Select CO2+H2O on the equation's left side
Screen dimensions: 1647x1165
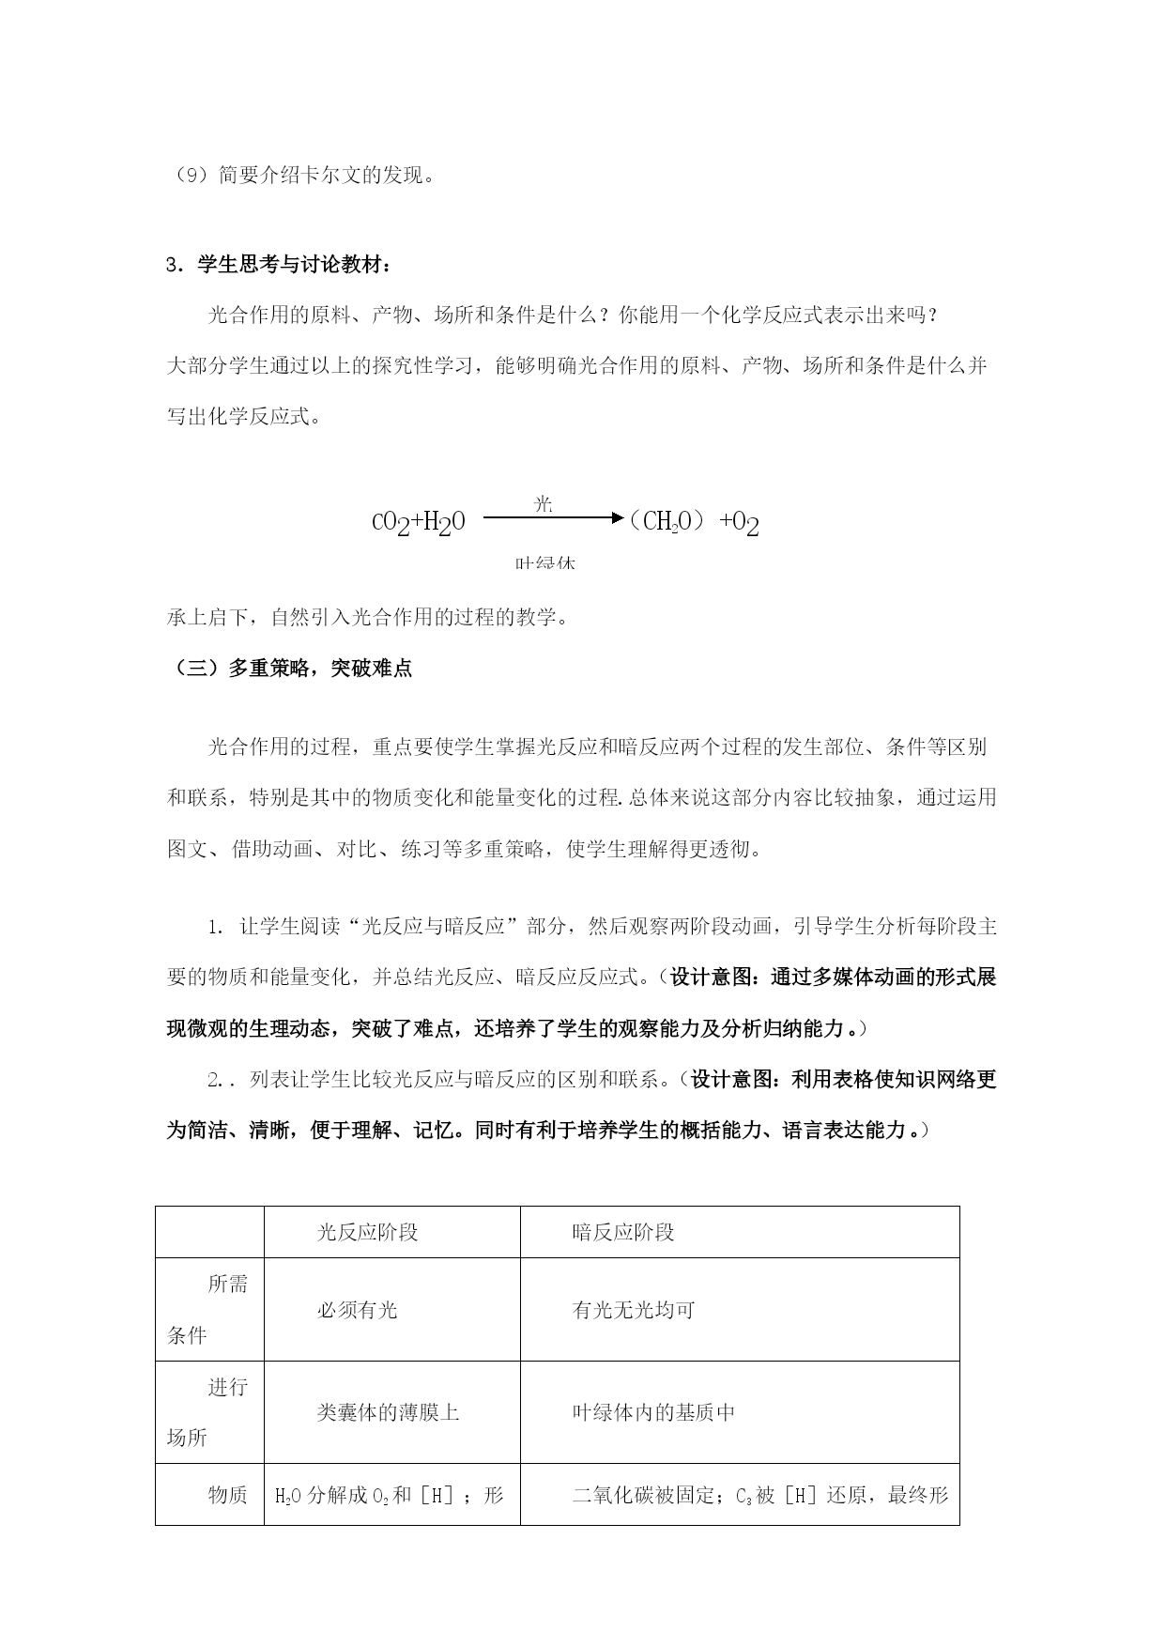(419, 522)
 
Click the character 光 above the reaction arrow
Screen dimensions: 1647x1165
(544, 503)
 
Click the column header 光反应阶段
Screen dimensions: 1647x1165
(367, 1232)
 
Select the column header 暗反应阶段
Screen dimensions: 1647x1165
(623, 1232)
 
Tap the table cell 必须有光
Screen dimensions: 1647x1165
(357, 1309)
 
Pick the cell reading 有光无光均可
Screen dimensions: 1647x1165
(634, 1309)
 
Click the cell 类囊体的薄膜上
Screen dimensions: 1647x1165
(388, 1412)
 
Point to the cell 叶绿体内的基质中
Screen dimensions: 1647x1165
(653, 1412)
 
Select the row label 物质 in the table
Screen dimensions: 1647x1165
(227, 1494)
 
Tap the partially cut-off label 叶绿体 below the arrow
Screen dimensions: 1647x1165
(544, 563)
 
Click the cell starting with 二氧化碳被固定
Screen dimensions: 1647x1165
(760, 1494)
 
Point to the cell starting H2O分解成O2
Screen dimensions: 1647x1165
(389, 1494)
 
